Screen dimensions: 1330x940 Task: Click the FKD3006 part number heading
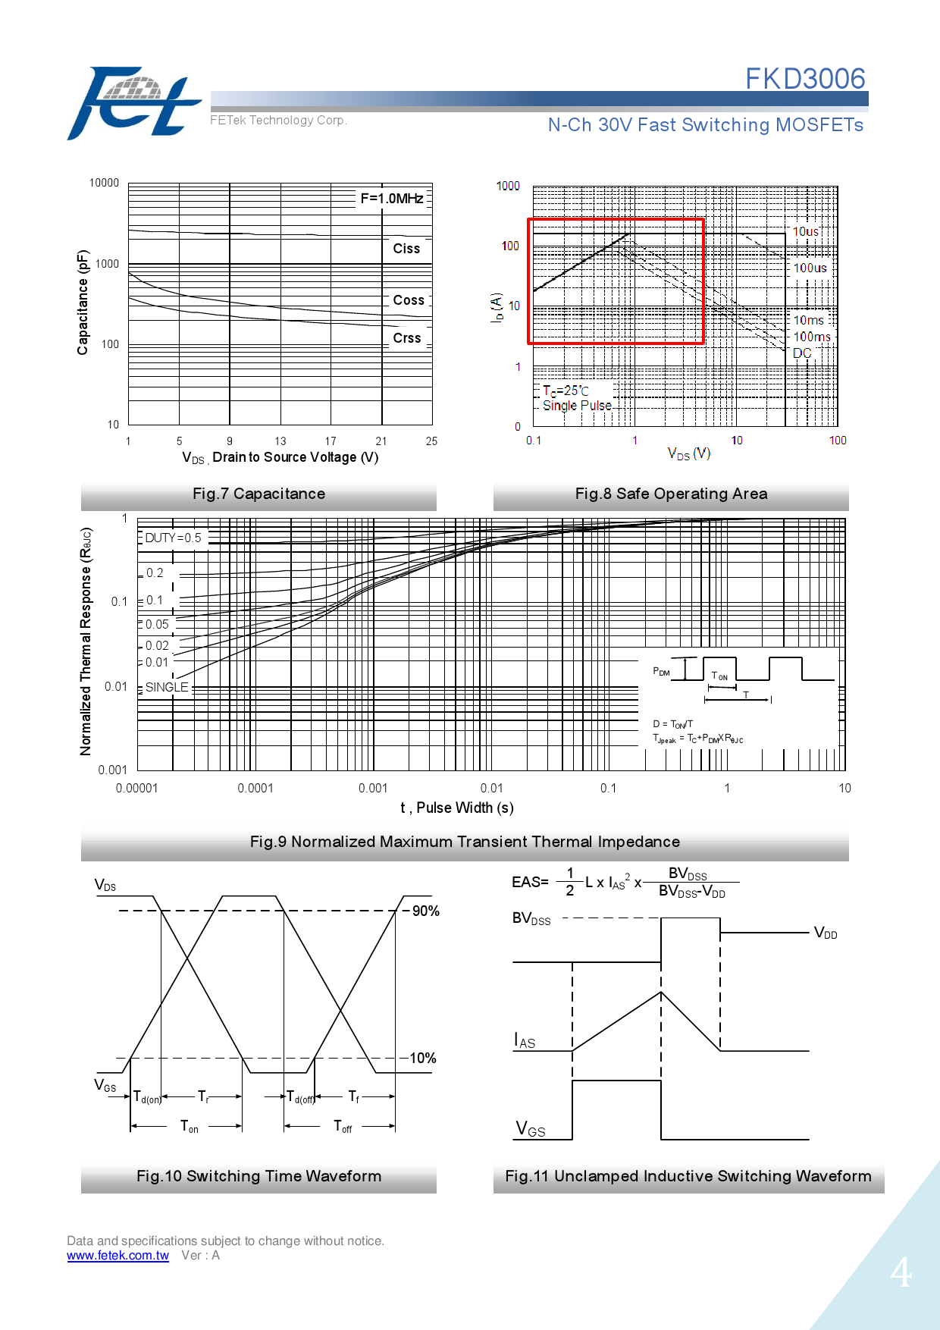(x=804, y=79)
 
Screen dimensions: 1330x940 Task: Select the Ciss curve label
(x=406, y=249)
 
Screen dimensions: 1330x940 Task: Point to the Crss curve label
(x=406, y=338)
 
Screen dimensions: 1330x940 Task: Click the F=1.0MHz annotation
(x=391, y=199)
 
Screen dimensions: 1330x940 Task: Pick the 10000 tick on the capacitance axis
(x=104, y=183)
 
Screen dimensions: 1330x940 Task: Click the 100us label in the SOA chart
(x=810, y=268)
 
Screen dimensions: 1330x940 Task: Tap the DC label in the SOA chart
(x=801, y=353)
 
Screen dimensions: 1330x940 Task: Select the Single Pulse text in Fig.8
(x=577, y=406)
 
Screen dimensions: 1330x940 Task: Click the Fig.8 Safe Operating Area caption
(x=671, y=494)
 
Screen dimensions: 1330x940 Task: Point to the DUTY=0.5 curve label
(x=173, y=538)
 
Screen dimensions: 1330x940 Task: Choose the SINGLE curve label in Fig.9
(x=167, y=687)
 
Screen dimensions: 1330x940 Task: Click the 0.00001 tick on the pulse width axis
(x=137, y=788)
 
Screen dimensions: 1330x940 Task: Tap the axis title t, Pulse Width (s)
(x=457, y=808)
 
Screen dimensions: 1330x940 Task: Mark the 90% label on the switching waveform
(x=425, y=911)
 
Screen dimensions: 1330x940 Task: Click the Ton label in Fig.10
(x=189, y=1127)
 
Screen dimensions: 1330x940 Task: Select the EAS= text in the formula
(x=530, y=882)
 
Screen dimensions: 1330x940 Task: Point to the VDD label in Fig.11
(x=826, y=933)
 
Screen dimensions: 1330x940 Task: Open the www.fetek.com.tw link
(x=117, y=1255)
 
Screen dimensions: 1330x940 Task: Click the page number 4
(x=901, y=1272)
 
